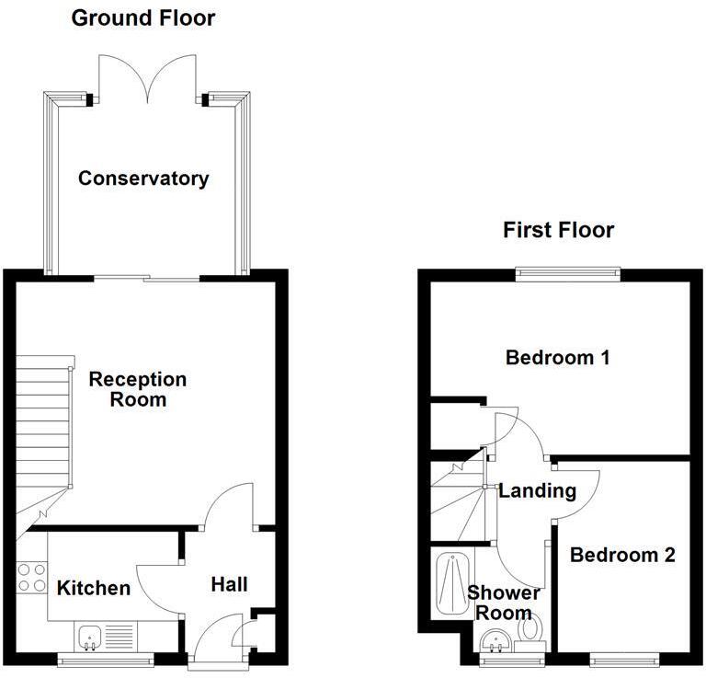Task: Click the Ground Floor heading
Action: coord(143,17)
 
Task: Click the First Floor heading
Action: coord(558,230)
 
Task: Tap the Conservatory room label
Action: coord(143,178)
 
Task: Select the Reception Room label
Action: coord(137,389)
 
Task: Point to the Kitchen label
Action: coord(94,588)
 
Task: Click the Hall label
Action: coord(229,584)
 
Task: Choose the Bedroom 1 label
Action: coord(558,358)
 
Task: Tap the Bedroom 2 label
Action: coord(622,555)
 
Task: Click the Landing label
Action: coord(537,490)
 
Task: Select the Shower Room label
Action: coord(503,603)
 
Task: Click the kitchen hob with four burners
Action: coord(31,576)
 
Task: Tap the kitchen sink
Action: coord(90,635)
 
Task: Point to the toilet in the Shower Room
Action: coord(529,630)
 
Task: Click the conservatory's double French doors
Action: coord(143,79)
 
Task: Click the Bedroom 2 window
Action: coord(623,658)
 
